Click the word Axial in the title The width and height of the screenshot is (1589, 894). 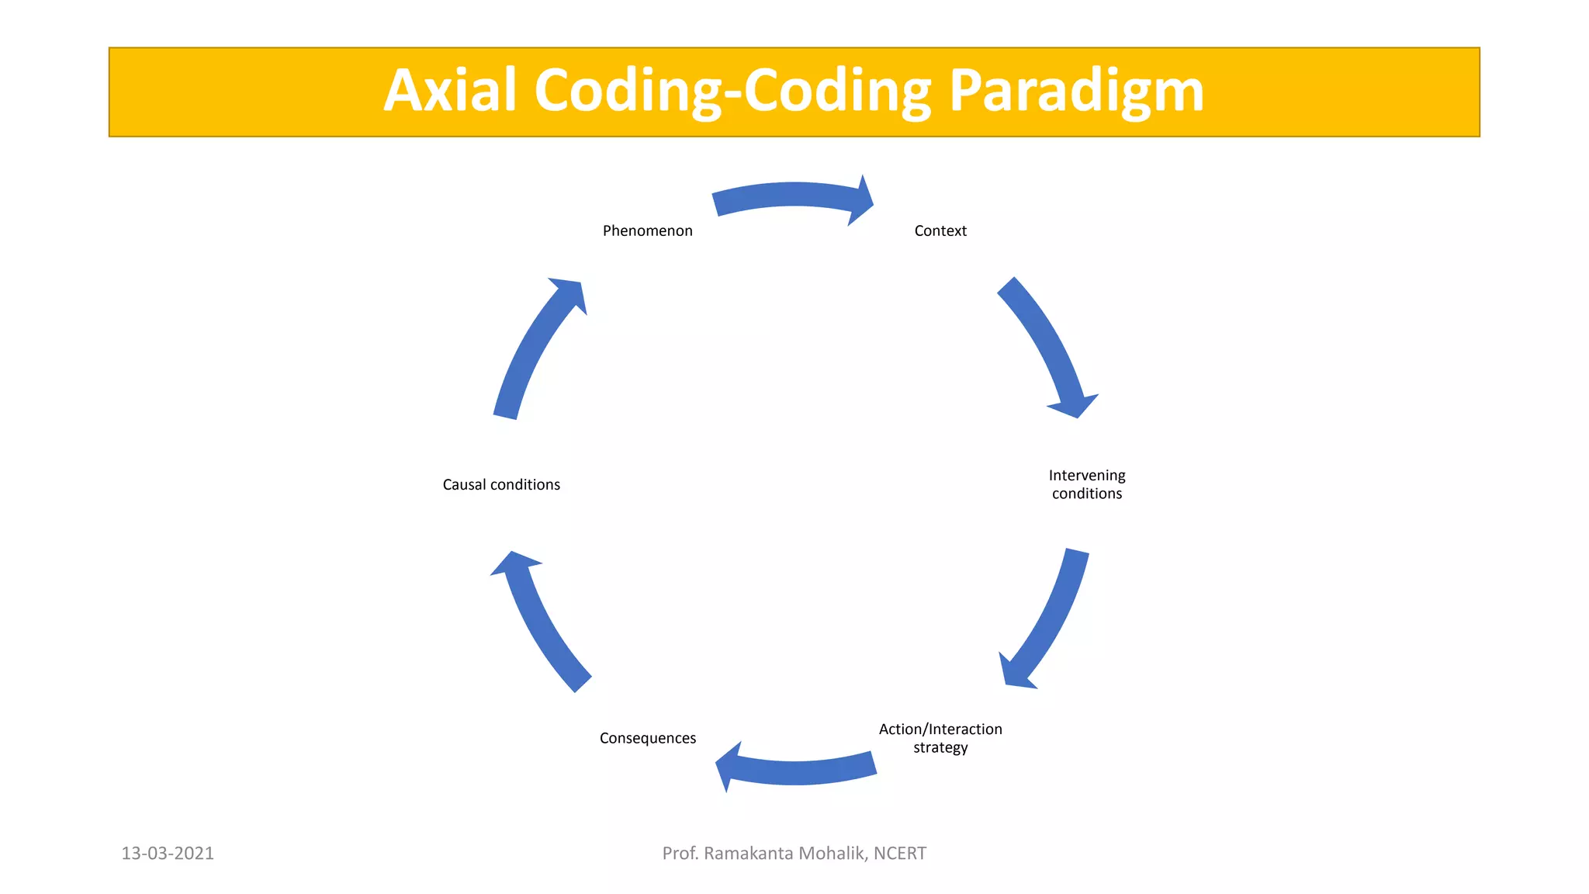coord(450,91)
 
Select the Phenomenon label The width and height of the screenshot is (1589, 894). coord(647,230)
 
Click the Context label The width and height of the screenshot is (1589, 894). coord(940,230)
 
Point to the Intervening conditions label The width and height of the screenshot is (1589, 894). coord(1087,484)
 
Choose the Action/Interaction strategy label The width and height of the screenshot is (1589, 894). coord(940,738)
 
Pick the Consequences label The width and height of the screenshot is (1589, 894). coord(647,738)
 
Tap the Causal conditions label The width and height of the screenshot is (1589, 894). coord(501,484)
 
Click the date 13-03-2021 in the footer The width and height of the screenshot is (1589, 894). coord(168,854)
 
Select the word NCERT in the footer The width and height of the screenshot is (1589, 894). coord(900,854)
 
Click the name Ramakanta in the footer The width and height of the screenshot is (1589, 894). coord(748,854)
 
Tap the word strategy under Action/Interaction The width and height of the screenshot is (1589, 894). coord(940,748)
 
